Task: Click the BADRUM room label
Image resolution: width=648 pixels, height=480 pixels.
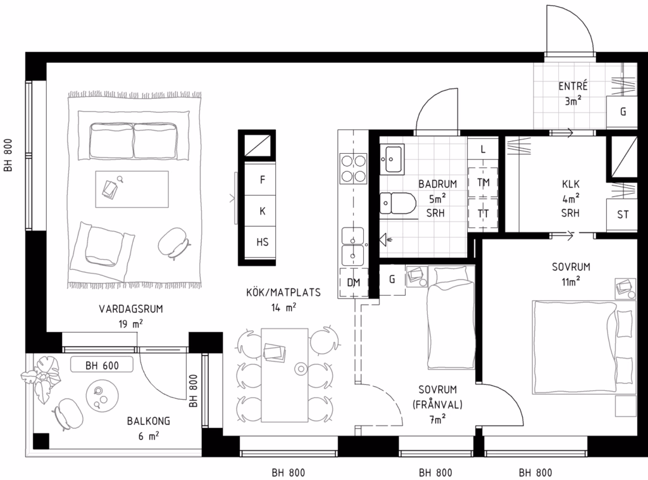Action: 437,184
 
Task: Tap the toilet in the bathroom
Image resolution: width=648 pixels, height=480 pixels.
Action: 397,203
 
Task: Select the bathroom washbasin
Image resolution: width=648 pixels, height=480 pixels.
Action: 392,159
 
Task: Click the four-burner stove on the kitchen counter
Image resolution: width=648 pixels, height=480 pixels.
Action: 353,168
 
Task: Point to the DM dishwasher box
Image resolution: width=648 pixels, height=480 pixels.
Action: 353,283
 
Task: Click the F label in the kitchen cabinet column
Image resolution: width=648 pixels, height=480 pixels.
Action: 263,180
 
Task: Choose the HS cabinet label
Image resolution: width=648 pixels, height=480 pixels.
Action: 263,242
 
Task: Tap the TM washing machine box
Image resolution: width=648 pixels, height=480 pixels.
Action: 483,182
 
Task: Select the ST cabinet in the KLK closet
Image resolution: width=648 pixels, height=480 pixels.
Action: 622,215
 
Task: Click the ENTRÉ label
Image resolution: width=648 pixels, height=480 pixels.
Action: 573,86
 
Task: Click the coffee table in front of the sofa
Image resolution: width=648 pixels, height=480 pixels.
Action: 132,189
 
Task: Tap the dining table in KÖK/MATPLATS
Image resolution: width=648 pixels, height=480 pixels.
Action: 285,375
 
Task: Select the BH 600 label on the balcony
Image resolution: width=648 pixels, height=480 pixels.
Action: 102,365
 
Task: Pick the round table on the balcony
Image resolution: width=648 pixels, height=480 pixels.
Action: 102,396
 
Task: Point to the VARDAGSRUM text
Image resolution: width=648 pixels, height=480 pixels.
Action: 131,309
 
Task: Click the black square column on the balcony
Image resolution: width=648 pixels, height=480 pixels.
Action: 41,441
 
